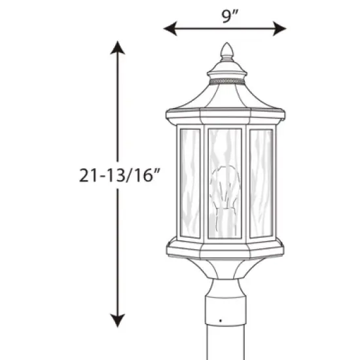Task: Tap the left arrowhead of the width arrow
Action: coord(168,28)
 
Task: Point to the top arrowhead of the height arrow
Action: coord(117,47)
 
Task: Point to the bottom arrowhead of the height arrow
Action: coord(117,321)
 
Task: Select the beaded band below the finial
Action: coord(225,79)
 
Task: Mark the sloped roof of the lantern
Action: coord(225,98)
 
